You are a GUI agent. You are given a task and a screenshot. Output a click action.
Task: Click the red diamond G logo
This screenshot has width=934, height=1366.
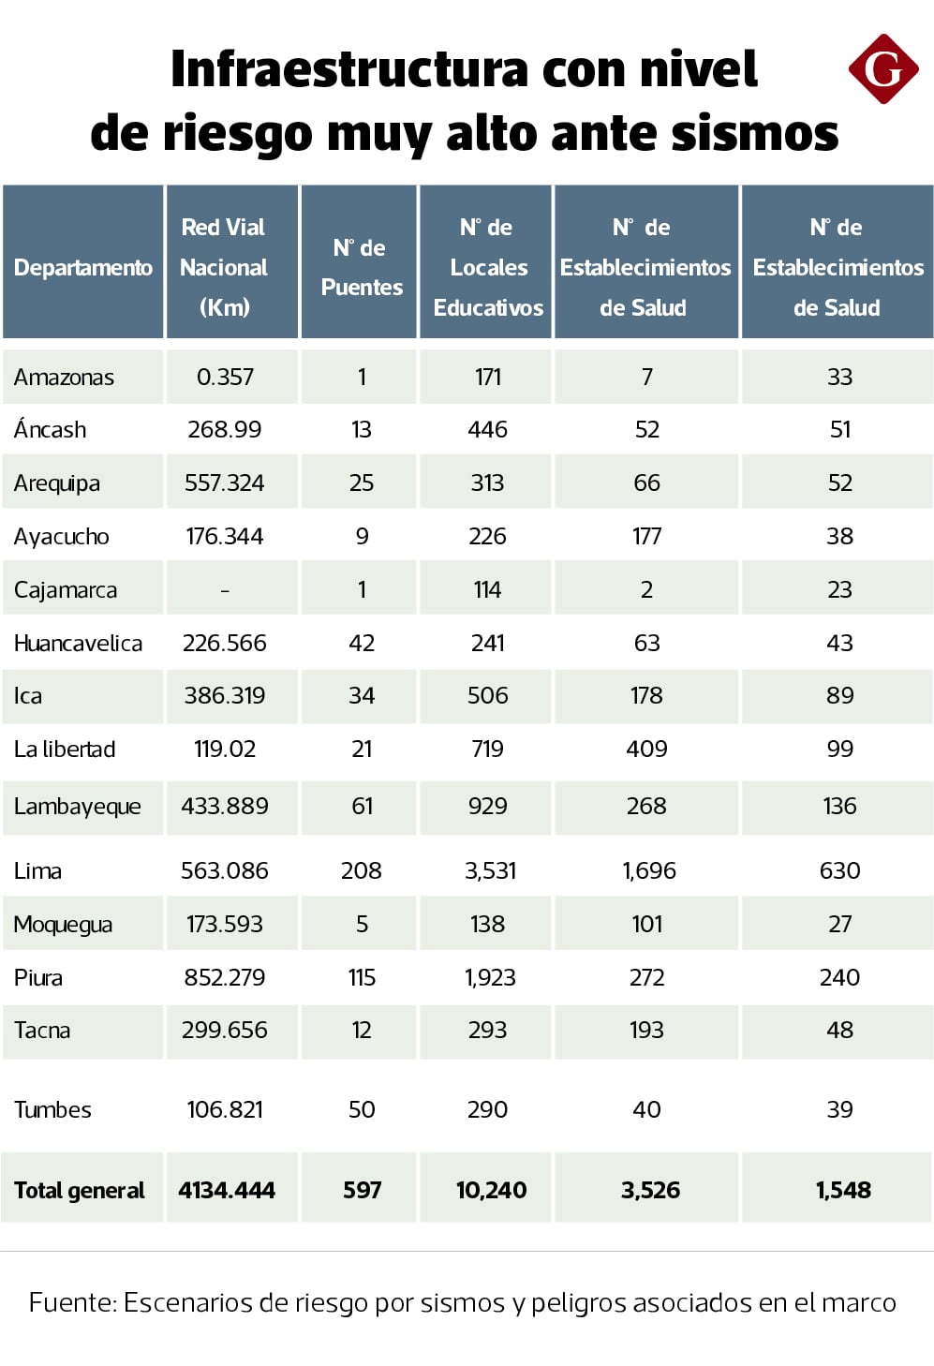(882, 69)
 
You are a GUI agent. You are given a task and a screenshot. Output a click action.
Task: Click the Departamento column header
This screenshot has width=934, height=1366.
(83, 267)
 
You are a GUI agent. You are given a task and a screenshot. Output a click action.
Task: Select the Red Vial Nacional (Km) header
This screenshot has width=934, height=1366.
(224, 267)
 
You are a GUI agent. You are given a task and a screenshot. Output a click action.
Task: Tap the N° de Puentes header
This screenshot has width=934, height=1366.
(361, 267)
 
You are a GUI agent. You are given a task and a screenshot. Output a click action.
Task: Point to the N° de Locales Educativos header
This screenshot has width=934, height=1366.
(488, 267)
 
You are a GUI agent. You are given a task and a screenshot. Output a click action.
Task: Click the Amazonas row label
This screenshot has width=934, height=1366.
(64, 378)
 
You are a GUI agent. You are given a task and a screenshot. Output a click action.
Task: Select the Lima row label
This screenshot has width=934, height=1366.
(37, 870)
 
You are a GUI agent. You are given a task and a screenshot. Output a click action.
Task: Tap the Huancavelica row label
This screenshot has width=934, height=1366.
(78, 644)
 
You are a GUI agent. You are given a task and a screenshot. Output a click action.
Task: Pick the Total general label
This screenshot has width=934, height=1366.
(80, 1190)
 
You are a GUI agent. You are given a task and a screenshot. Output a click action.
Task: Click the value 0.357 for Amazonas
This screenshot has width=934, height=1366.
(224, 377)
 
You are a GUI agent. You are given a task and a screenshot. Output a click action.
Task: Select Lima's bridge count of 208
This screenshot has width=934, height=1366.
(361, 870)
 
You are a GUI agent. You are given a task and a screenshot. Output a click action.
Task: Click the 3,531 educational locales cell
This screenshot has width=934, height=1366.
(490, 870)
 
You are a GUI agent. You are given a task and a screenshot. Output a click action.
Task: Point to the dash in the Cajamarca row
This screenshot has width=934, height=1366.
(225, 590)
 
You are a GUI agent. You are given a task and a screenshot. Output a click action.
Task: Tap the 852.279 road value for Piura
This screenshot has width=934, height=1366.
(224, 977)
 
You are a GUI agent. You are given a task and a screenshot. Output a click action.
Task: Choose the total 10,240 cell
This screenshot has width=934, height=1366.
(492, 1190)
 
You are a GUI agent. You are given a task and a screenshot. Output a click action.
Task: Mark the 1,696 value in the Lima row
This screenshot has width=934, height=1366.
(648, 870)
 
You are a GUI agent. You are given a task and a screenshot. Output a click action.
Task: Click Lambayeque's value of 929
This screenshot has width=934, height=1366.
(487, 806)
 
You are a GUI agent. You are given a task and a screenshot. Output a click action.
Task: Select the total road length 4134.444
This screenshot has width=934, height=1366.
(226, 1190)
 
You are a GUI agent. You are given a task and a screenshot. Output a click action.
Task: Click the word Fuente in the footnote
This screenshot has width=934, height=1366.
(72, 1302)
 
